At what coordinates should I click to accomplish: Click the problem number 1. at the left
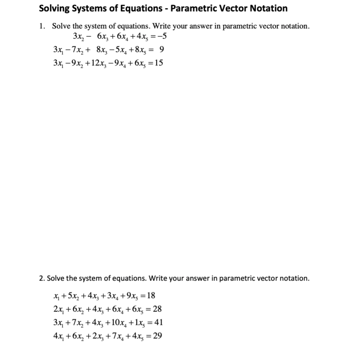pyautogui.click(x=43, y=26)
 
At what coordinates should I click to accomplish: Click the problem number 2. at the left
pyautogui.click(x=42, y=278)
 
